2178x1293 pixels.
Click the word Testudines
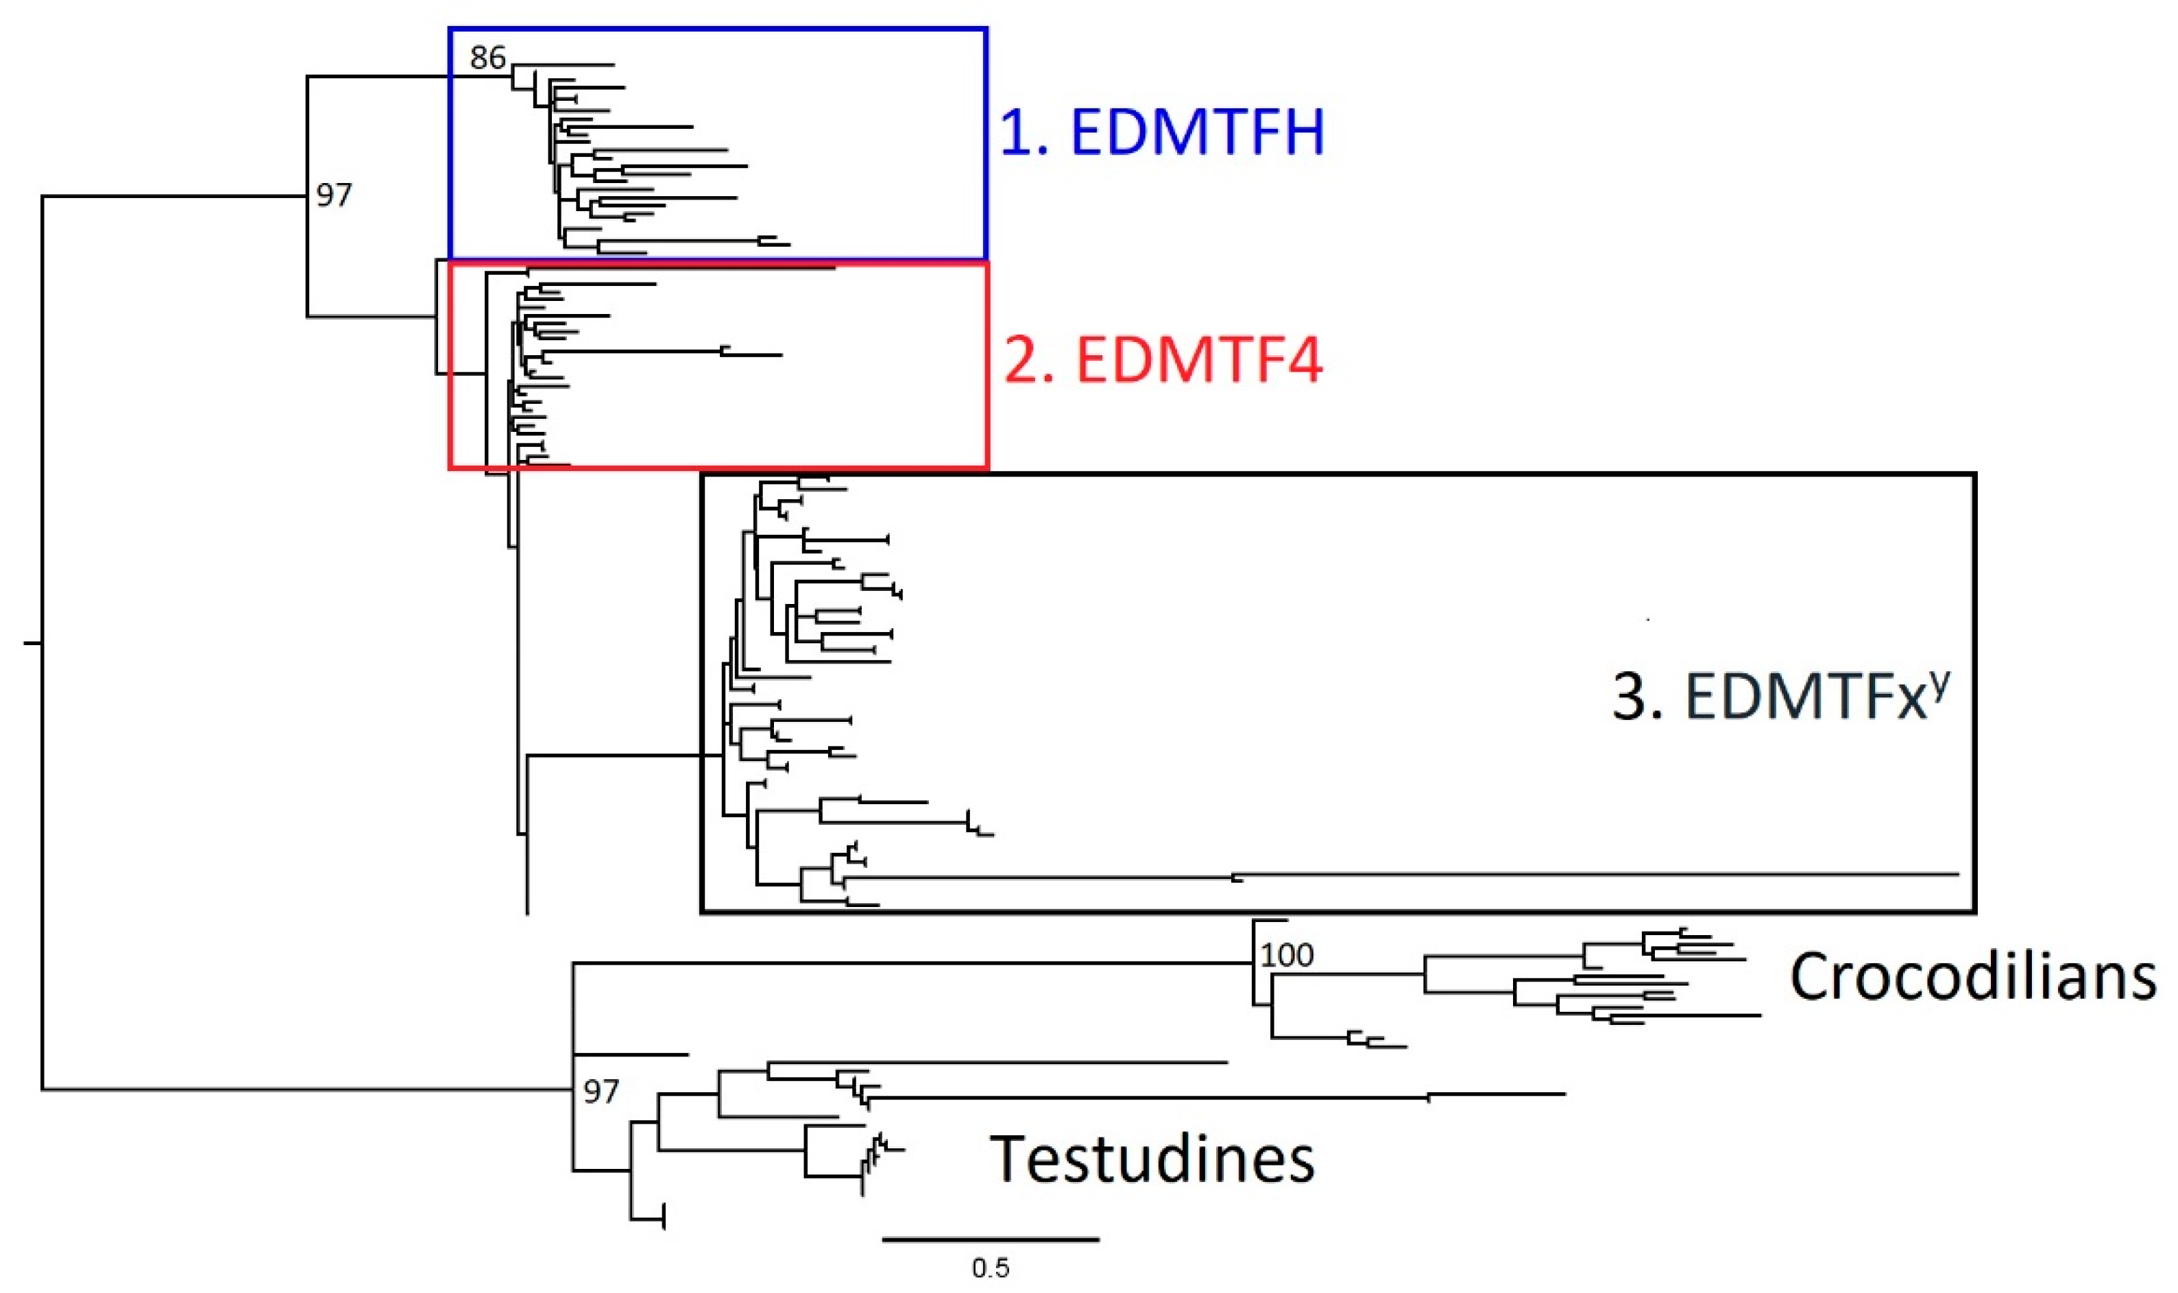click(1152, 1158)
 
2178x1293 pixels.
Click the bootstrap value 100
click(1287, 956)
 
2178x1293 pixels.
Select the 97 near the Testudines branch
click(601, 1091)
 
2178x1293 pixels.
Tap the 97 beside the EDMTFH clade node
click(334, 194)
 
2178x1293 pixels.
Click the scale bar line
click(991, 1239)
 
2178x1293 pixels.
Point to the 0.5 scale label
click(991, 1268)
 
